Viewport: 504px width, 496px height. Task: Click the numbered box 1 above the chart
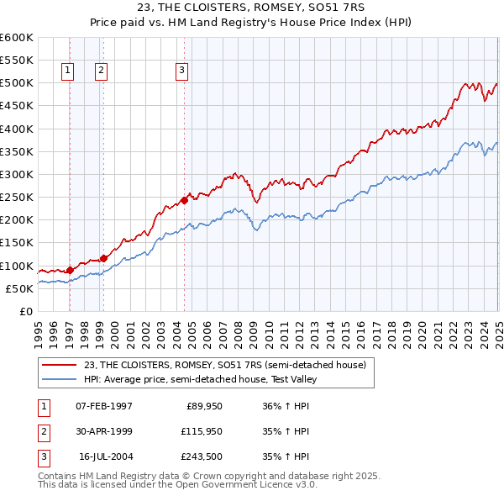(x=66, y=71)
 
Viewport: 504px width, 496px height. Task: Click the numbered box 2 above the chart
(x=100, y=71)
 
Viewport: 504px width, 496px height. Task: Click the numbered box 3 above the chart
(x=181, y=71)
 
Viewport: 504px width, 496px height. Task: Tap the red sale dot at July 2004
(x=184, y=200)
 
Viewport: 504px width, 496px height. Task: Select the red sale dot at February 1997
(x=70, y=270)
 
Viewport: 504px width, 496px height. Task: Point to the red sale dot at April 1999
(x=103, y=258)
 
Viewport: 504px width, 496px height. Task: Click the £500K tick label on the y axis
(x=17, y=83)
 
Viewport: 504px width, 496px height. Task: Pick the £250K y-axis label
(x=17, y=198)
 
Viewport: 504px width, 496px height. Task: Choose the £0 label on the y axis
(x=25, y=311)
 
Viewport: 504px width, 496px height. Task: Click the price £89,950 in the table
(x=204, y=406)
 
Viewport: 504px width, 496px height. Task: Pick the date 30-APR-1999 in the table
(x=104, y=431)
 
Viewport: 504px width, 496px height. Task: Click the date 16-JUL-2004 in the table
(x=104, y=456)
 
